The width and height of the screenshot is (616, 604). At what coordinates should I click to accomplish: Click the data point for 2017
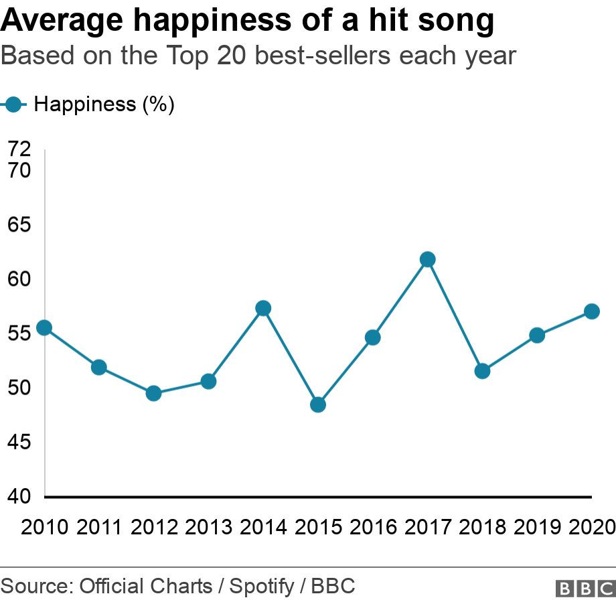click(428, 259)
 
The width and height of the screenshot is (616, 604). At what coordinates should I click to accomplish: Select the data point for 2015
click(318, 404)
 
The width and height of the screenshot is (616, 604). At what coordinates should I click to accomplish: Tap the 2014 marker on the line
click(263, 308)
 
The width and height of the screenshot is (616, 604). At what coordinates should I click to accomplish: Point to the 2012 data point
click(153, 393)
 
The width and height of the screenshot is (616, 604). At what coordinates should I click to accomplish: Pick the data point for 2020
click(592, 311)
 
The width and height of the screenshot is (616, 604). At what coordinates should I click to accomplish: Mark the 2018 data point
click(482, 371)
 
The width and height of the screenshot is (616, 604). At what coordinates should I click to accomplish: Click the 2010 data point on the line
click(44, 327)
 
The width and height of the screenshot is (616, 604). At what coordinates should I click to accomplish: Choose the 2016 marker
click(373, 337)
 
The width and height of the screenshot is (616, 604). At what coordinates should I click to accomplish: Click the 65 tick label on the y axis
click(19, 224)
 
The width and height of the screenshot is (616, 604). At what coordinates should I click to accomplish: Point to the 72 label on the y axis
click(19, 149)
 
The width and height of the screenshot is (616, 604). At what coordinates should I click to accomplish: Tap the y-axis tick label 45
click(19, 442)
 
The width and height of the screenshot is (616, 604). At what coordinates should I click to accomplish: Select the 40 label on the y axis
click(19, 496)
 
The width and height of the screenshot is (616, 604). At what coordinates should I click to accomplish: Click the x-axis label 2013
click(208, 527)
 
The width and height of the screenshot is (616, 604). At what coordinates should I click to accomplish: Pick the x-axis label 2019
click(537, 527)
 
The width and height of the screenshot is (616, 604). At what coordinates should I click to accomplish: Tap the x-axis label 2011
click(99, 527)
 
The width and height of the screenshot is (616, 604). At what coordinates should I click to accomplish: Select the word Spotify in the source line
click(262, 587)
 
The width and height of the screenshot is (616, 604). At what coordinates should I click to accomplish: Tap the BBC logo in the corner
click(585, 588)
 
